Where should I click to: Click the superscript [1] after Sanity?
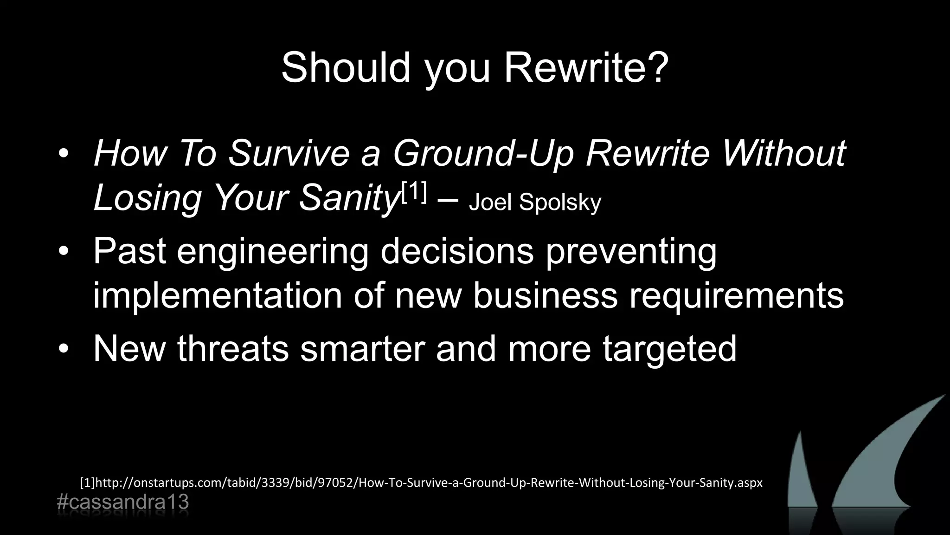point(414,192)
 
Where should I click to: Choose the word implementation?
point(217,295)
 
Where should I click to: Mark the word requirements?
point(736,295)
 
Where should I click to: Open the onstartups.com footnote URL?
point(421,483)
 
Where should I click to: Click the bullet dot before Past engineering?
point(64,252)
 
